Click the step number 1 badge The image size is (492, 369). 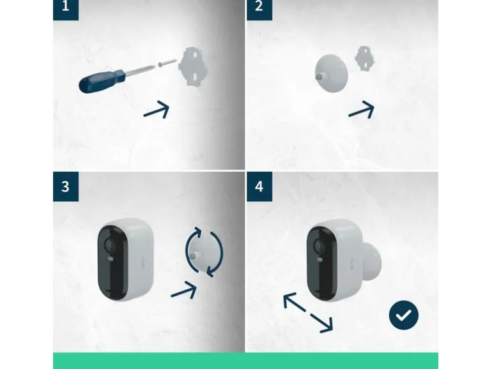click(66, 10)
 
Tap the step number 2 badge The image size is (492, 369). click(259, 10)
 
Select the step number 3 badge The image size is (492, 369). click(66, 186)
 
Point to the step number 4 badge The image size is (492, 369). click(259, 186)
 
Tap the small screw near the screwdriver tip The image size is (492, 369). click(167, 62)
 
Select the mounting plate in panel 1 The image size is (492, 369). click(193, 66)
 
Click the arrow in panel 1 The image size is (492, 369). click(157, 110)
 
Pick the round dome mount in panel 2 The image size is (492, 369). click(332, 73)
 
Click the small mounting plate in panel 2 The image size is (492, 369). click(364, 58)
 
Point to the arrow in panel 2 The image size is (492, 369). click(362, 110)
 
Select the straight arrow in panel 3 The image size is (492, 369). click(184, 290)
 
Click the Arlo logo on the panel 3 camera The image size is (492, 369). click(142, 263)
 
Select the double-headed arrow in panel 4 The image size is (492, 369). click(308, 313)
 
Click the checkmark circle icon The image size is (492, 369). click(404, 315)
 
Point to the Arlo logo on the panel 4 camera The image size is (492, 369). click(351, 264)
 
